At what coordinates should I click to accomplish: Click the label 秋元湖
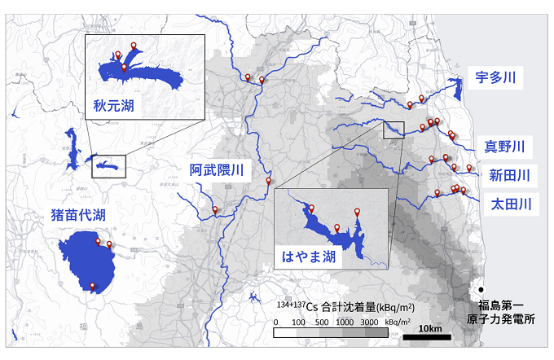point(113,106)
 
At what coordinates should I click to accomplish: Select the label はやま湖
point(309,257)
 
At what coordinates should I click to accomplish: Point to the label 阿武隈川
point(217,170)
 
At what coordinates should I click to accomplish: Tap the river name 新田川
point(509,174)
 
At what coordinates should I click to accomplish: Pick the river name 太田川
point(511,203)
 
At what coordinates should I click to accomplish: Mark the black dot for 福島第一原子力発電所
point(482,290)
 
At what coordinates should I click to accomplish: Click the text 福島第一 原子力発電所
point(506,314)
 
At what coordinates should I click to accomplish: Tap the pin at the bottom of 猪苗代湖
point(93,286)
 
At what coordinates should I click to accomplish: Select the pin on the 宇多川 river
point(421,99)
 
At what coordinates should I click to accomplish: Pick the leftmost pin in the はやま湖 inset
point(311,209)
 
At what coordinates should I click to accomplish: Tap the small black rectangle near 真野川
point(394,129)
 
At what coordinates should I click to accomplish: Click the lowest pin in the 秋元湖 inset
point(124,69)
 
